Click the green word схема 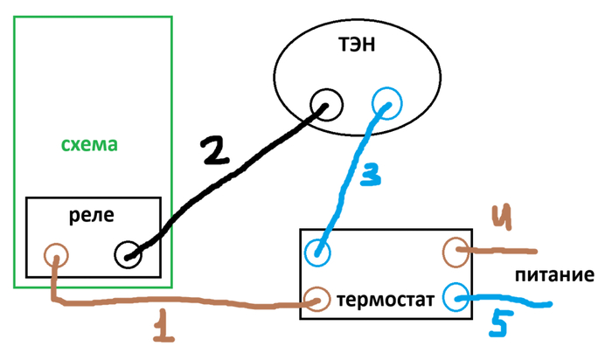click(89, 144)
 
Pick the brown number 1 click(160, 327)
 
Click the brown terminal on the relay click(57, 256)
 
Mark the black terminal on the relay click(129, 256)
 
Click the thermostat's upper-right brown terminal click(456, 253)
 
